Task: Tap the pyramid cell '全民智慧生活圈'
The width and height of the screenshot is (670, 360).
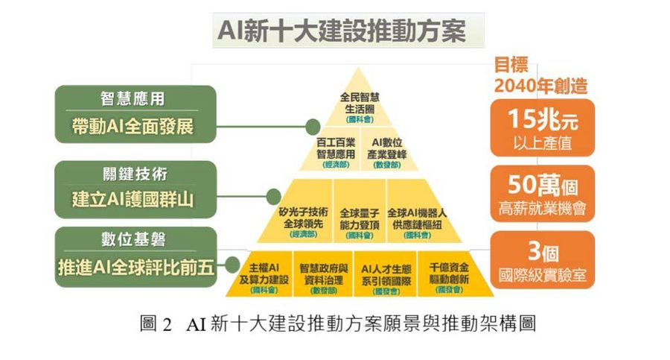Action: pyautogui.click(x=360, y=105)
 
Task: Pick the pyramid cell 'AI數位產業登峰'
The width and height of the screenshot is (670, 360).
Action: pyautogui.click(x=387, y=149)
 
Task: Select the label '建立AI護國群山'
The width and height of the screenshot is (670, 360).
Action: pyautogui.click(x=134, y=200)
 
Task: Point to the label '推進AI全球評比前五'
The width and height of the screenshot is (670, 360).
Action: pyautogui.click(x=136, y=267)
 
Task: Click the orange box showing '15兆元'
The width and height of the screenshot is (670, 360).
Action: pyautogui.click(x=542, y=128)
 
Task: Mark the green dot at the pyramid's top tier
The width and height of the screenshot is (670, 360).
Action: pyautogui.click(x=313, y=126)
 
